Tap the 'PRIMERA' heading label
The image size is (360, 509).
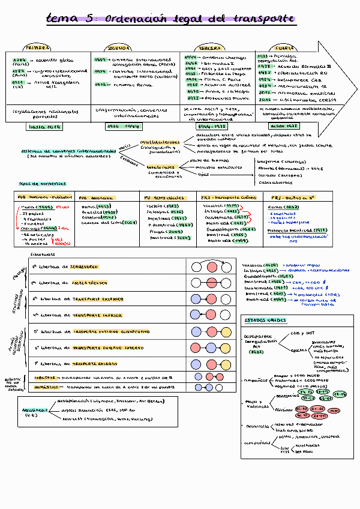[36, 47]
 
